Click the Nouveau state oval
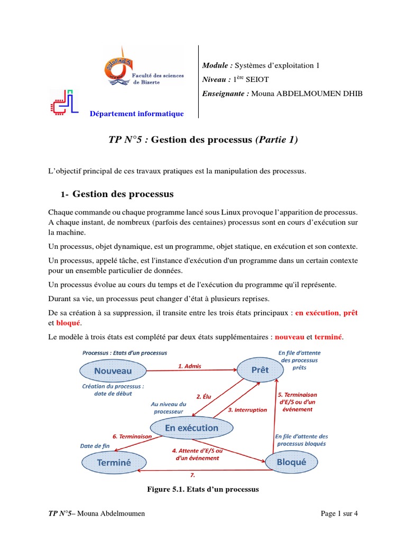click(113, 371)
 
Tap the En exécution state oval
click(191, 428)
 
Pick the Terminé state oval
click(114, 462)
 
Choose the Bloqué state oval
click(291, 462)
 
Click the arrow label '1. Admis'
click(189, 366)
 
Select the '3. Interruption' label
click(247, 409)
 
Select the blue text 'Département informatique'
click(136, 114)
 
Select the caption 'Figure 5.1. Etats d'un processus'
click(202, 489)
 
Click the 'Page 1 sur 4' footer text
click(339, 514)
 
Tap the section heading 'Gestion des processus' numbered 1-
click(123, 194)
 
